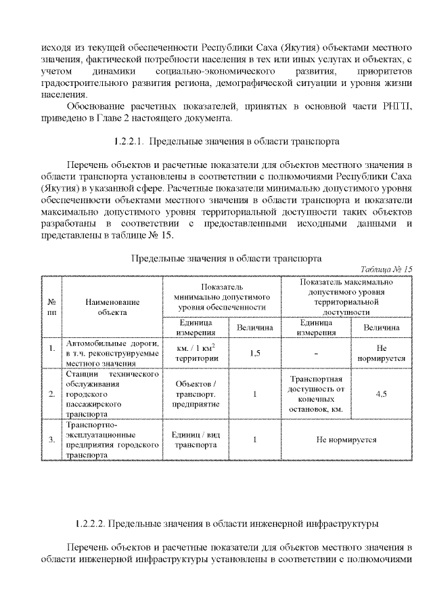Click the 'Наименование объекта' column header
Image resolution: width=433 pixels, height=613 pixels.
(x=112, y=306)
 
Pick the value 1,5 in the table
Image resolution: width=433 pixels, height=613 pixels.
(x=255, y=353)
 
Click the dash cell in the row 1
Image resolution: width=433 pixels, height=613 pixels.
(x=315, y=353)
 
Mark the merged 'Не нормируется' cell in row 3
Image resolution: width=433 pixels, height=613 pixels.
(x=346, y=440)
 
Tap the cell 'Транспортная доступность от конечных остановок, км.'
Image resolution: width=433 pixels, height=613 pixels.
(x=315, y=394)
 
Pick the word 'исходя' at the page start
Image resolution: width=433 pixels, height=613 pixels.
(x=54, y=49)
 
